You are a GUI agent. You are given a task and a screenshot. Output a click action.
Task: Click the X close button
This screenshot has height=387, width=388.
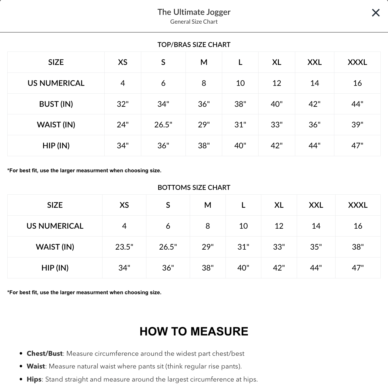(376, 13)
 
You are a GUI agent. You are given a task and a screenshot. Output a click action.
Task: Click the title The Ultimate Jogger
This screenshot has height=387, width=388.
(194, 12)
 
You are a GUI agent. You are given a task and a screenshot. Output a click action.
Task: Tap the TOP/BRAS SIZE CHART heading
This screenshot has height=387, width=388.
(194, 45)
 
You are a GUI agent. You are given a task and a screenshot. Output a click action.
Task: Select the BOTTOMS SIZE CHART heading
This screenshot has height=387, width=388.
(194, 187)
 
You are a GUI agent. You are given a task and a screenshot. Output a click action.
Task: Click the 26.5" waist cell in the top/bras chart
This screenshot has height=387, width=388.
(163, 125)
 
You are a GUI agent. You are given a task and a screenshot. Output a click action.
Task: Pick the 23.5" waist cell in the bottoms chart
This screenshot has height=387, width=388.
(124, 247)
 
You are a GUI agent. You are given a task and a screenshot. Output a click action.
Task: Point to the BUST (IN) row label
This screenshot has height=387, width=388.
(56, 104)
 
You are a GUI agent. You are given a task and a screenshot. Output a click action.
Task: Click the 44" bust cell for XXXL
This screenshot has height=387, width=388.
(357, 104)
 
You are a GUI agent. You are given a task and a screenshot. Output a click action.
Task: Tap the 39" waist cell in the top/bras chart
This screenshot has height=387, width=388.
(357, 125)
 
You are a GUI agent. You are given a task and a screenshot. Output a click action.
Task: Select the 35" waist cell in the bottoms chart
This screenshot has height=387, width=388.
(316, 247)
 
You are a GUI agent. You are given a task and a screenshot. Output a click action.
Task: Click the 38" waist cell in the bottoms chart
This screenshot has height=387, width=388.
(358, 247)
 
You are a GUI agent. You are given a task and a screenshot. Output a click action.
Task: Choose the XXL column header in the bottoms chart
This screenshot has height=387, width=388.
(316, 205)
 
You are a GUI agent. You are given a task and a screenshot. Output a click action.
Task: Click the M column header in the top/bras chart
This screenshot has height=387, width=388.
(204, 62)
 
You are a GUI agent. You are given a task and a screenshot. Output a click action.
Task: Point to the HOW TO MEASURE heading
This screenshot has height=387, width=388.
(194, 331)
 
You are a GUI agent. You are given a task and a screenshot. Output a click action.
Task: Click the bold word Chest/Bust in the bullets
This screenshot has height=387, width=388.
(45, 354)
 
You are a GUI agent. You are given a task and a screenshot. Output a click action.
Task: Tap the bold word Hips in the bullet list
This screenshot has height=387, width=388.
(34, 379)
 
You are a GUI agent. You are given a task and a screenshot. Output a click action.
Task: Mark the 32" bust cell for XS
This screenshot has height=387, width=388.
(122, 104)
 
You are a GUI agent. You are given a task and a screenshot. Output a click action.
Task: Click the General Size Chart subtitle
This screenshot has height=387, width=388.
(194, 22)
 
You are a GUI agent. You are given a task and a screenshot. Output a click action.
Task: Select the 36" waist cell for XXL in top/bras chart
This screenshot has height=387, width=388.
(314, 125)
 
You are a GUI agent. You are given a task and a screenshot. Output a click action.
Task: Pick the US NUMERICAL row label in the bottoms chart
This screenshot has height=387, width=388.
(55, 226)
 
